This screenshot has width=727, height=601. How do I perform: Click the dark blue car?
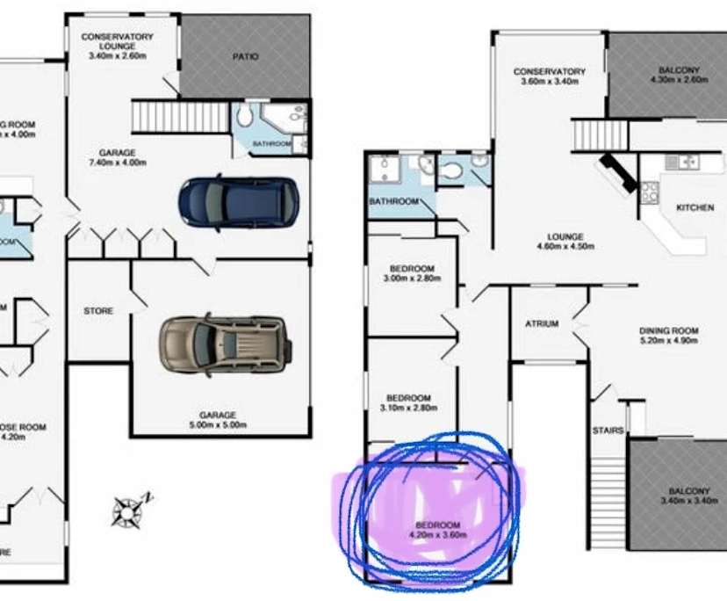[238, 201]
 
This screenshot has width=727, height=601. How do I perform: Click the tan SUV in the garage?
[223, 342]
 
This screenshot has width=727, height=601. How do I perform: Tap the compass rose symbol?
[128, 509]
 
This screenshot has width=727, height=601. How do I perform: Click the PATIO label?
[246, 57]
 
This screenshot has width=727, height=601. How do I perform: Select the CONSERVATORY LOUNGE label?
[118, 41]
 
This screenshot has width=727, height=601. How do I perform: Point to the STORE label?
[98, 311]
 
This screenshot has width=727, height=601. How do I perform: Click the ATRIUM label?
[542, 323]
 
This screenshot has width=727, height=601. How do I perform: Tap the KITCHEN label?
[695, 208]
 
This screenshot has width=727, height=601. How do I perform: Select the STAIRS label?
[608, 431]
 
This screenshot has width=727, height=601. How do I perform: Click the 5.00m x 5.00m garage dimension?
[217, 425]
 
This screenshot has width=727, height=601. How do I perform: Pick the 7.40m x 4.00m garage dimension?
[118, 163]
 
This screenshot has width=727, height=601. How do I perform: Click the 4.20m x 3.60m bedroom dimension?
[437, 534]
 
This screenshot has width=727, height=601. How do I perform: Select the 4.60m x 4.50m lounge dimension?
[566, 247]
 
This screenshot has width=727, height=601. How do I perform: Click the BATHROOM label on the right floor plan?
[393, 201]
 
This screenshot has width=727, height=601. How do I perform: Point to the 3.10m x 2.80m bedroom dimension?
[409, 409]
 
